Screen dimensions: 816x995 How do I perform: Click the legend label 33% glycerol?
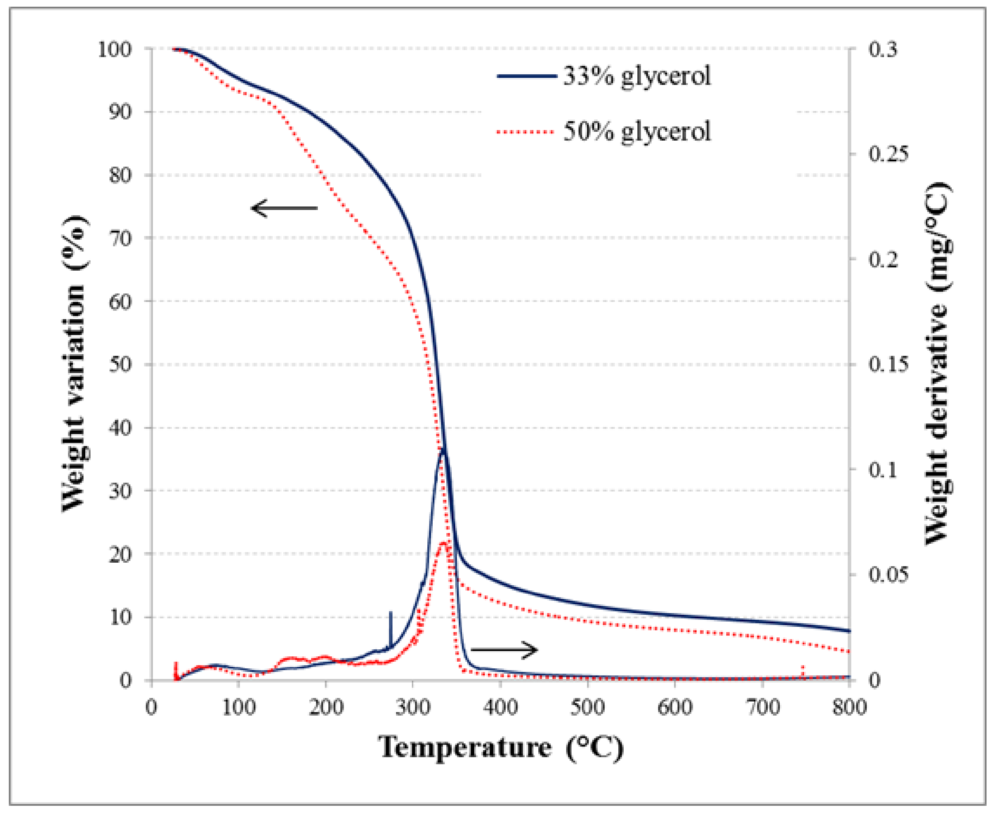pyautogui.click(x=637, y=76)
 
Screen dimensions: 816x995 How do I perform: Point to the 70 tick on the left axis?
pyautogui.click(x=121, y=238)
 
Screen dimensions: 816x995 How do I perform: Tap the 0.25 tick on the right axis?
pyautogui.click(x=888, y=154)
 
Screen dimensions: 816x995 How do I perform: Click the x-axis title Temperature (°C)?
pyautogui.click(x=501, y=747)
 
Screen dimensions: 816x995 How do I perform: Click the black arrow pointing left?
pyautogui.click(x=284, y=208)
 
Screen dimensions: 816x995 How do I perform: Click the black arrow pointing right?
pyautogui.click(x=504, y=650)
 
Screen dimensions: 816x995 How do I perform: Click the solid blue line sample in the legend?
pyautogui.click(x=526, y=76)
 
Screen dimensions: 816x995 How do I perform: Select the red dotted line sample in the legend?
pyautogui.click(x=526, y=132)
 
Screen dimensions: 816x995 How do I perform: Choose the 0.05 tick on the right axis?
pyautogui.click(x=888, y=575)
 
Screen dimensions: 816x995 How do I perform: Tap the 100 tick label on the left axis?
pyautogui.click(x=115, y=49)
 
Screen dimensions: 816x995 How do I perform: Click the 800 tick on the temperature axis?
pyautogui.click(x=849, y=706)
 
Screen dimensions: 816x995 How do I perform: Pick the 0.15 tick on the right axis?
pyautogui.click(x=888, y=364)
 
